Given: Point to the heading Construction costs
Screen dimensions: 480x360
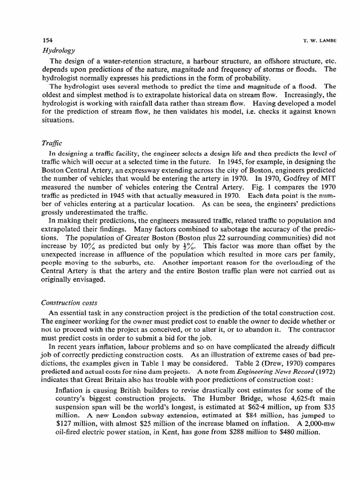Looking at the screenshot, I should tap(66, 303).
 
